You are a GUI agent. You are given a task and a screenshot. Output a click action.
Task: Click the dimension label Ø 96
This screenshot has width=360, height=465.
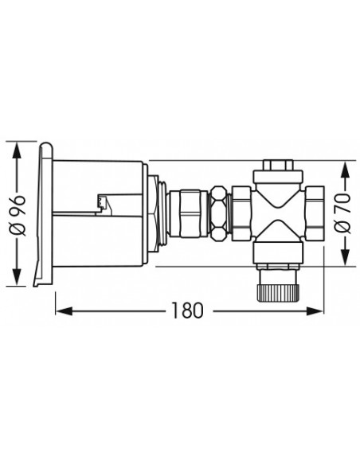point(18,215)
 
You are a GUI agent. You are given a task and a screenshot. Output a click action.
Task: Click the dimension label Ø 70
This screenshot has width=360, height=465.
point(342,213)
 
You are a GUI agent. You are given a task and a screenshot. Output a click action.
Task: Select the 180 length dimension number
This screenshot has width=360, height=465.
point(188,311)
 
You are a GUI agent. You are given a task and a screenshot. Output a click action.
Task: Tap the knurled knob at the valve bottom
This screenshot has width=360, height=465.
point(278,293)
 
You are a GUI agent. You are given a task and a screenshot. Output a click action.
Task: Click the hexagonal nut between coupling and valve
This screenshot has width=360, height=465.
point(219,213)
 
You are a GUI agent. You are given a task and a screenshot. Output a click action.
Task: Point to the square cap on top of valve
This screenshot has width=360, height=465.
point(277,165)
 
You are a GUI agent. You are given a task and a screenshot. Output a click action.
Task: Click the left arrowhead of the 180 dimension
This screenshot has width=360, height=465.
point(64,311)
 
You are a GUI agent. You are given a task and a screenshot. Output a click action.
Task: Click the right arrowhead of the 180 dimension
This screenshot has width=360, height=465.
point(315,311)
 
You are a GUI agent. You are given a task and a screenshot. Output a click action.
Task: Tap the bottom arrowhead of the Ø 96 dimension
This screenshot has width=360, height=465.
point(17,277)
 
